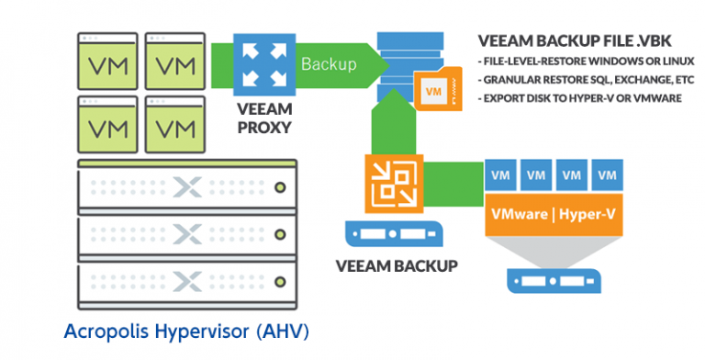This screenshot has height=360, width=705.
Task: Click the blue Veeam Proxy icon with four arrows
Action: [x=264, y=64]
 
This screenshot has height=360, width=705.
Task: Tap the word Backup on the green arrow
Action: [x=329, y=64]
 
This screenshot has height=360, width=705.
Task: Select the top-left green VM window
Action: [x=108, y=62]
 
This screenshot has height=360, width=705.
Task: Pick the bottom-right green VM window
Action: [x=175, y=125]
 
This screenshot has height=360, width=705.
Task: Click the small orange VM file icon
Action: [x=438, y=89]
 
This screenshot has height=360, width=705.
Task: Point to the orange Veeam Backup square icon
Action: [x=395, y=183]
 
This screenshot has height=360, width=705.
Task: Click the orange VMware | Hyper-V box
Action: [x=554, y=215]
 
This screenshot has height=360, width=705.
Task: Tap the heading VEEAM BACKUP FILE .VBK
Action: [x=575, y=41]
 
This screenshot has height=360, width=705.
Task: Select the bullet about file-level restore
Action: [x=587, y=62]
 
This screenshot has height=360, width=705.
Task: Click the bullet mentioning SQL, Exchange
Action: [x=587, y=80]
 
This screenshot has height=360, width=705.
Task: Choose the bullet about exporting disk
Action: [x=580, y=98]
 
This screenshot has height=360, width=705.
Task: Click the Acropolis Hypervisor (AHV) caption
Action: [x=186, y=332]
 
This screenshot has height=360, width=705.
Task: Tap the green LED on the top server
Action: [x=280, y=186]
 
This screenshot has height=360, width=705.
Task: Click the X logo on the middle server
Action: [x=187, y=234]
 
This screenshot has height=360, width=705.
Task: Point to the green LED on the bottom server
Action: [x=280, y=282]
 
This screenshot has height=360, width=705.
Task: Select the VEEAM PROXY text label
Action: [x=264, y=118]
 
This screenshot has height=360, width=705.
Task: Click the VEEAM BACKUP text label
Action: [x=397, y=266]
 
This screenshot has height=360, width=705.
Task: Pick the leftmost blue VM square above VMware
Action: [x=500, y=174]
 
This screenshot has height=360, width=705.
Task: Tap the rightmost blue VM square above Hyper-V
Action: [x=608, y=174]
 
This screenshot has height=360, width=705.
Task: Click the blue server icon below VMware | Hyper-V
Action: [x=554, y=281]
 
